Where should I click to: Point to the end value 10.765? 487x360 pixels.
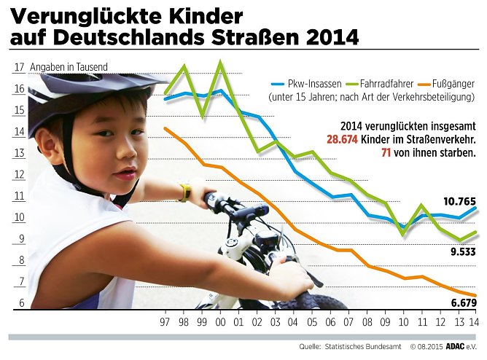[461, 200]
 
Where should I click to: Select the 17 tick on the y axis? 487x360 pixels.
[18, 68]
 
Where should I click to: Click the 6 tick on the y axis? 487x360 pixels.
[21, 304]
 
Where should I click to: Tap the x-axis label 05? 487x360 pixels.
[312, 321]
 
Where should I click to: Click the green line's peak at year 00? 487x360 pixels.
[219, 63]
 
